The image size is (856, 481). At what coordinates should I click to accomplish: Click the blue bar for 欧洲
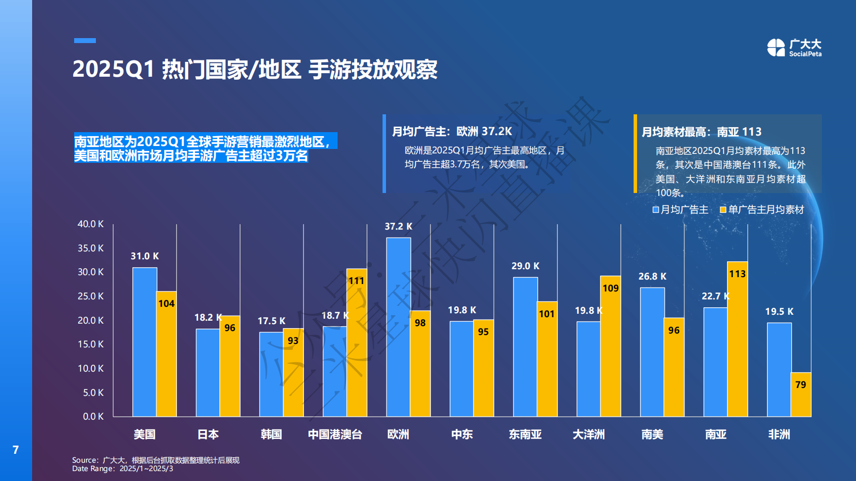tap(398, 327)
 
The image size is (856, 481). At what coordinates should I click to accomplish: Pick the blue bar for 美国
tap(145, 341)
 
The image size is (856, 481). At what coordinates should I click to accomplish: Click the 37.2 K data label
tap(398, 226)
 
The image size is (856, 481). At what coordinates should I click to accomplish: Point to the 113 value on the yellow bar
tap(737, 274)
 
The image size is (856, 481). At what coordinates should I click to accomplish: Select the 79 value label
tap(801, 385)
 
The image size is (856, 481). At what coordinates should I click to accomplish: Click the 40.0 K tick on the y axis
tap(90, 224)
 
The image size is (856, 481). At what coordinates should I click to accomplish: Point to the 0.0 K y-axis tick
tap(93, 416)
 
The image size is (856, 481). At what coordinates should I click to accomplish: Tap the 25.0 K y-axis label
tap(90, 296)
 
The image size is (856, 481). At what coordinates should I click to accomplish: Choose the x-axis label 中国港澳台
tap(335, 434)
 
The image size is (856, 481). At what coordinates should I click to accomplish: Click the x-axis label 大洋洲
tap(589, 434)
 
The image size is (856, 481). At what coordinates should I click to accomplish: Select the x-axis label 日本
tap(208, 434)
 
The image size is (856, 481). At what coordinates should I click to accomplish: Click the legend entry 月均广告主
tap(681, 210)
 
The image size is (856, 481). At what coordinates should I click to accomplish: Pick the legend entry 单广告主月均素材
tap(762, 210)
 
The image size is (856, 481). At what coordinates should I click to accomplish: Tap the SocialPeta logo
tap(794, 48)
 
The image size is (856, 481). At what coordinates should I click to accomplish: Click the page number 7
tap(16, 449)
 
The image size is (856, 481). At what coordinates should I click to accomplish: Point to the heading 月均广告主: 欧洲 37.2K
tap(452, 132)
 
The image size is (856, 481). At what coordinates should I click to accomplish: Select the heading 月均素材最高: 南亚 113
tap(701, 132)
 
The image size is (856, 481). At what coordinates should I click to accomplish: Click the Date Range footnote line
tap(123, 469)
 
